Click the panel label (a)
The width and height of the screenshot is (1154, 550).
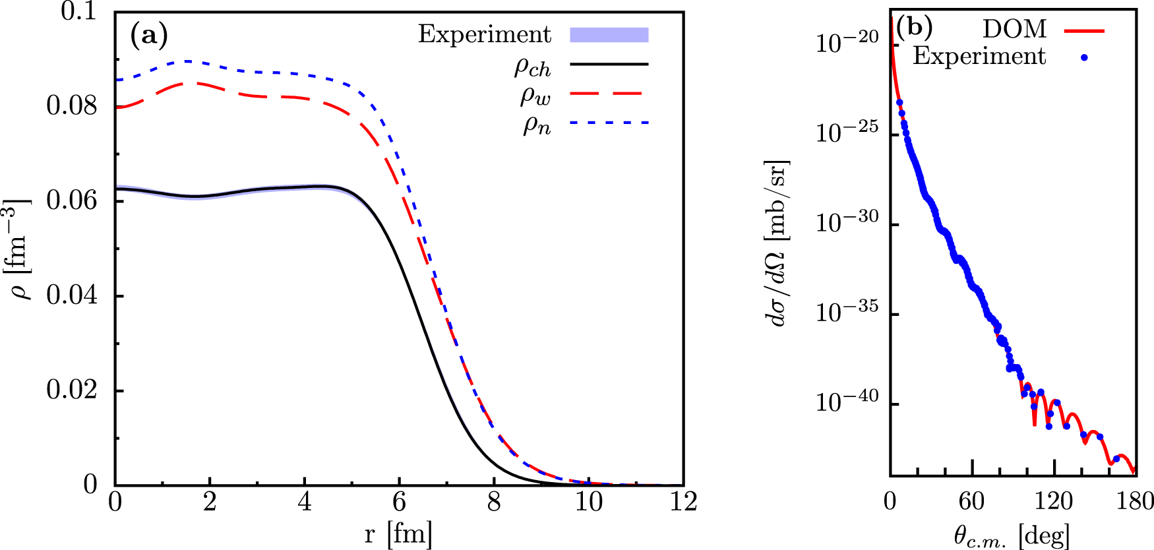[x=149, y=35]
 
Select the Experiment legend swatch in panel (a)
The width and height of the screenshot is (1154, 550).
[x=609, y=35]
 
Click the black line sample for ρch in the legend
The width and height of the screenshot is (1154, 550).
[x=609, y=64]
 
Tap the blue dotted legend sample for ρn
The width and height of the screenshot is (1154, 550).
[x=609, y=123]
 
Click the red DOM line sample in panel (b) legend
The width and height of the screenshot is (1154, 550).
[x=1083, y=30]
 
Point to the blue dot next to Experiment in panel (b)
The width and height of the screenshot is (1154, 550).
[x=1083, y=58]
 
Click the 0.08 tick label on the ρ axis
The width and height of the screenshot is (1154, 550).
[x=71, y=106]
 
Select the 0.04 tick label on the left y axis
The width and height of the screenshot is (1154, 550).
[x=71, y=295]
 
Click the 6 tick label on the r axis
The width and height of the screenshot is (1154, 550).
[x=399, y=503]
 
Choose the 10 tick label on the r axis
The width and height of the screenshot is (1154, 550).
[x=588, y=503]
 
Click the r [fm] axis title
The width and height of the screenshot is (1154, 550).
[x=398, y=534]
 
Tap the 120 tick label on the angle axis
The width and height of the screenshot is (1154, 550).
[x=1053, y=502]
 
